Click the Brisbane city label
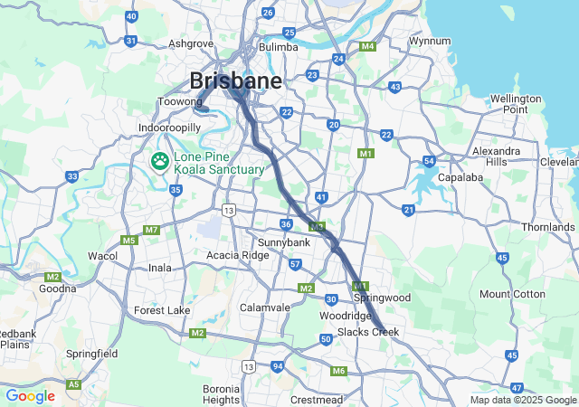[x=235, y=80]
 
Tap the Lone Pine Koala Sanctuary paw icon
[x=160, y=161]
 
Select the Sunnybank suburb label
[x=284, y=242]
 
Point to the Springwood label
[x=382, y=298]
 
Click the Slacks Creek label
[x=368, y=333]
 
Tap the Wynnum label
[x=430, y=41]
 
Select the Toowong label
[x=180, y=102]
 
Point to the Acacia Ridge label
[x=237, y=255]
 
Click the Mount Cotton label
[x=512, y=294]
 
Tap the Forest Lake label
[x=162, y=310]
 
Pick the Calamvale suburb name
[x=265, y=308]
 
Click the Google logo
[x=30, y=396]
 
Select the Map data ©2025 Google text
[x=522, y=400]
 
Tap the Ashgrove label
[x=190, y=43]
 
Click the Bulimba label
[x=278, y=46]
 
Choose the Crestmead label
[x=318, y=400]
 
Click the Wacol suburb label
[x=102, y=256]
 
